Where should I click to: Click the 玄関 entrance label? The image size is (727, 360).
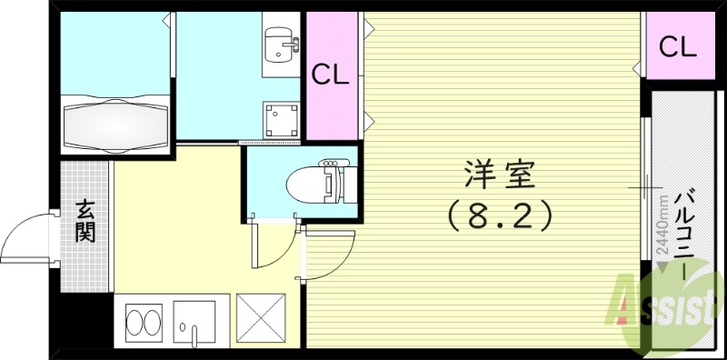click(85, 221)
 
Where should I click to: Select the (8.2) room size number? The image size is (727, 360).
click(499, 215)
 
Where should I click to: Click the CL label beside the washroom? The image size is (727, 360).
click(331, 75)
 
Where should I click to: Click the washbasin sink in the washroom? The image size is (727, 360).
click(279, 44)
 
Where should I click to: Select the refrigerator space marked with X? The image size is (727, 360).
click(261, 320)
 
